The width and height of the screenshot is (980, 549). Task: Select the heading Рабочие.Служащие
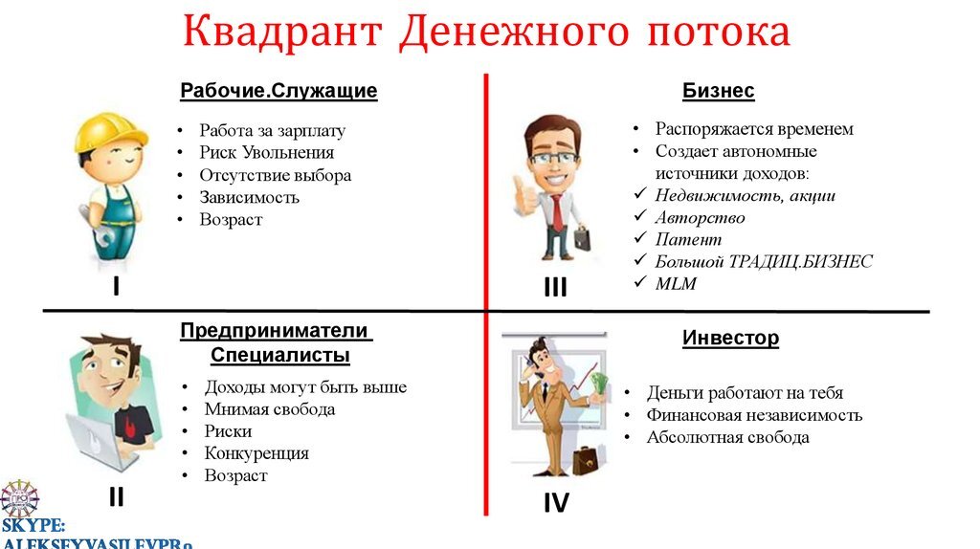point(278,92)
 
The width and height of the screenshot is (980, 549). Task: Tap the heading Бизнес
point(718,92)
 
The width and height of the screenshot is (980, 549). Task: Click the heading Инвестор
point(730,339)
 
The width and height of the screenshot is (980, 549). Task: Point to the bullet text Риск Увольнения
point(266,153)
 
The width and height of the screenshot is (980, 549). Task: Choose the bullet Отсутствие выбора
point(275,176)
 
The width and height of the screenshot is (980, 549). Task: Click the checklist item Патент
point(688,240)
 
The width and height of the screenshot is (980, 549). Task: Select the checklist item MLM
point(676,284)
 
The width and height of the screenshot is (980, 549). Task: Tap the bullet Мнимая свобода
point(269,409)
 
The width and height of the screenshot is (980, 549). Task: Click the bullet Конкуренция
point(256,453)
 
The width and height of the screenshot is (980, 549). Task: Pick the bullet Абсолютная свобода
point(727,438)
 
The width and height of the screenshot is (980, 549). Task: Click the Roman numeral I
point(116,284)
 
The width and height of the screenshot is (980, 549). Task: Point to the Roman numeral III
point(555,287)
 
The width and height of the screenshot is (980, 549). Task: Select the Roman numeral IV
point(555,502)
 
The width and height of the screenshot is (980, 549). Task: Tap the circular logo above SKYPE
point(19,500)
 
